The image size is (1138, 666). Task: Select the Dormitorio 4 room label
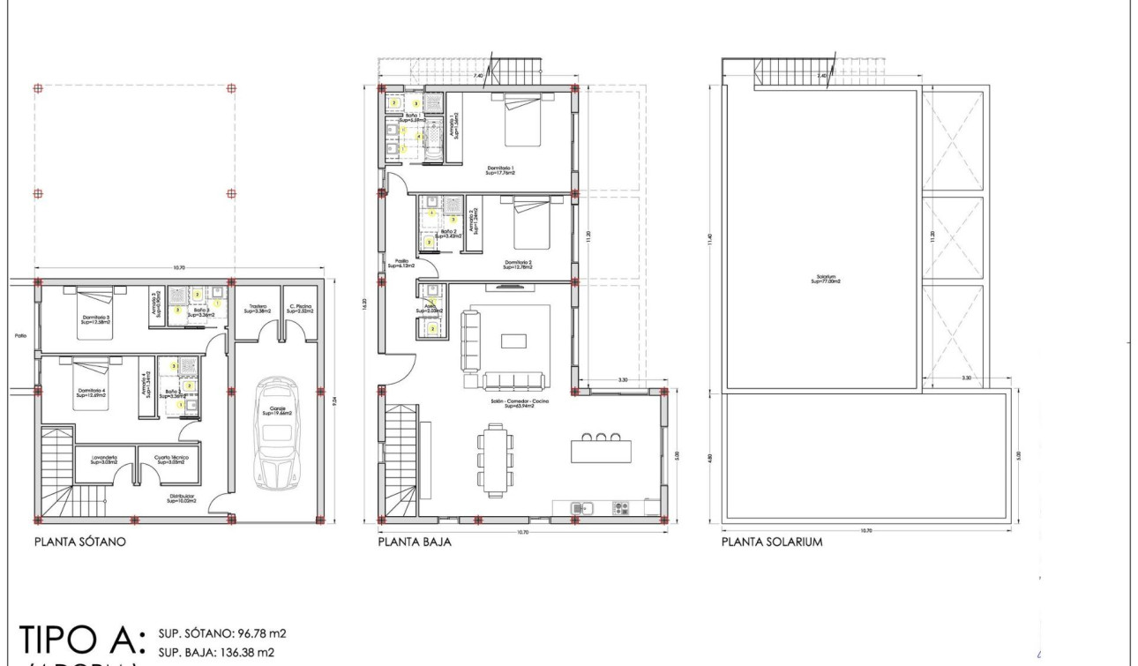(91, 392)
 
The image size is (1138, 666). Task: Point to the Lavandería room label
(103, 460)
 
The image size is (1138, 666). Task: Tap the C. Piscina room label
(300, 309)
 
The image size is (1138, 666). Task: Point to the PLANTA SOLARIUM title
(772, 543)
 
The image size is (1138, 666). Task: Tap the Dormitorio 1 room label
(500, 169)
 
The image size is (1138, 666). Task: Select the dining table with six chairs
(496, 460)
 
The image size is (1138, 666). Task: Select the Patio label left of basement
(20, 335)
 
